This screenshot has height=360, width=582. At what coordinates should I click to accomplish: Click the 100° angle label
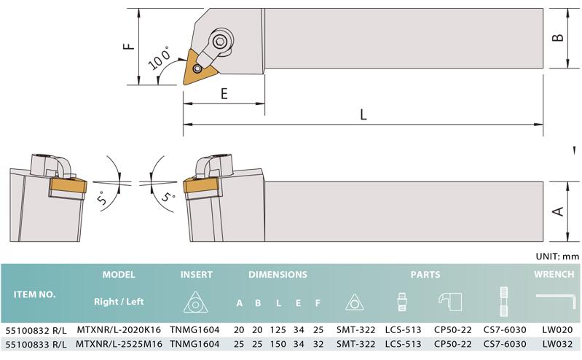pos(160,58)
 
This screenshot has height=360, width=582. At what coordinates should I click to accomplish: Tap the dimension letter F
pos(128,47)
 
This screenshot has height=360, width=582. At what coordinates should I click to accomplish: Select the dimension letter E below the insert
pos(224,93)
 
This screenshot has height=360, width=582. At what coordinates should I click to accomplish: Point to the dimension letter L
pos(363,114)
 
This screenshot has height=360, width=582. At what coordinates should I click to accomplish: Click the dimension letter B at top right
pos(558,37)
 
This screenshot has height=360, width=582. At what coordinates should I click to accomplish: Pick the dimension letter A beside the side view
pos(558,212)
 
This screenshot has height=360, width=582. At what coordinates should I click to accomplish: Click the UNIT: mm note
pos(557,256)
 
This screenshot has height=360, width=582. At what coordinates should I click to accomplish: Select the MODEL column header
pos(119,275)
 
